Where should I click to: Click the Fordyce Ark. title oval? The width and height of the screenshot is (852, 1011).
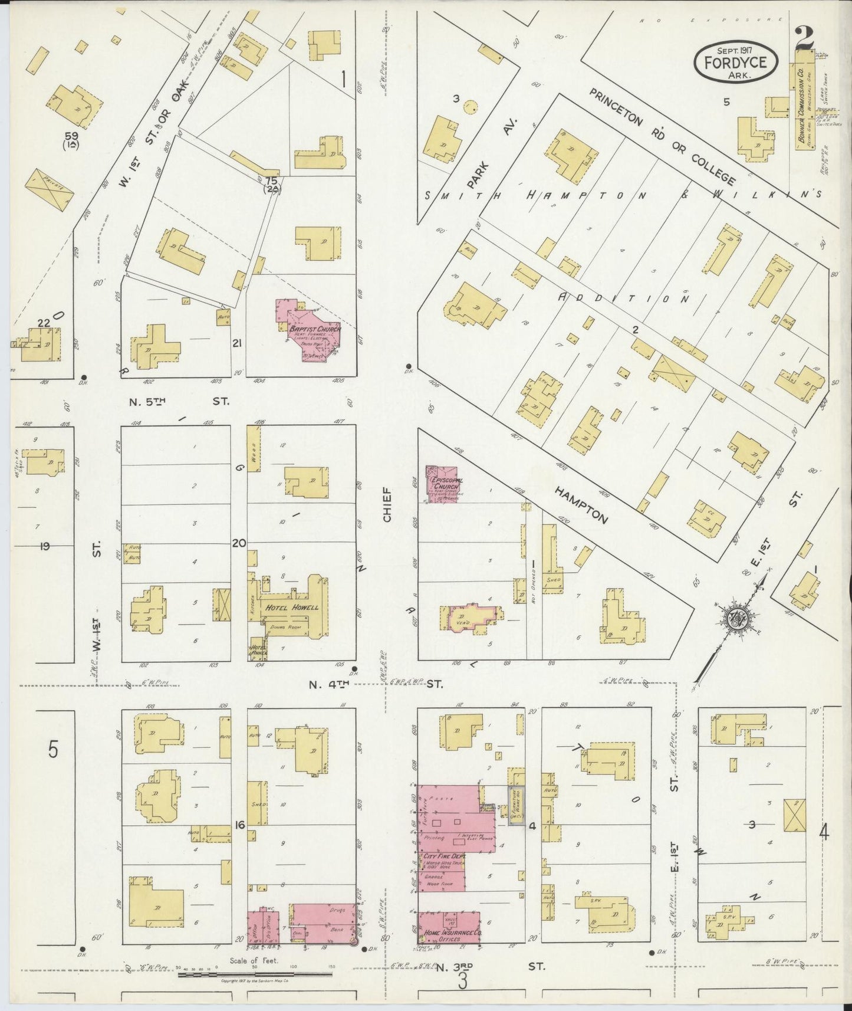pos(735,61)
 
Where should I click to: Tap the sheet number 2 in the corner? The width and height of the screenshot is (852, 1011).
pos(804,40)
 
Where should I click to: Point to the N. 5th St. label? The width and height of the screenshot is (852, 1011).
pos(179,402)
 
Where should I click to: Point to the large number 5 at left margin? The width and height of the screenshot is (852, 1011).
pos(54,750)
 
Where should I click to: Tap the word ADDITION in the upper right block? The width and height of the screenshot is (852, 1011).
pos(623,299)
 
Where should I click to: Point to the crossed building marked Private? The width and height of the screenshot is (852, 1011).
pos(50,191)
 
